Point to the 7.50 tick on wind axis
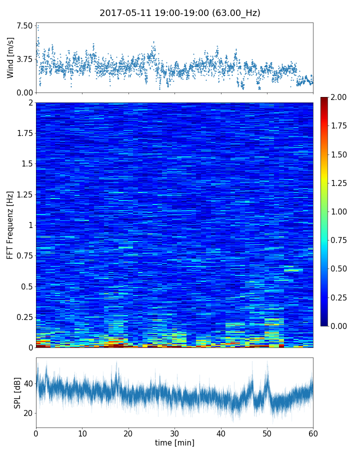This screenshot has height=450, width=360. tap(25, 25)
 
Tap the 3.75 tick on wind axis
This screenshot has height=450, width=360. tap(25, 59)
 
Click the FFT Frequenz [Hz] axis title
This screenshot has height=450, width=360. tap(10, 224)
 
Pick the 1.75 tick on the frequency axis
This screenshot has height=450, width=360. tap(23, 133)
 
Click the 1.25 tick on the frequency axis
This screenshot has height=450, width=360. tap(23, 194)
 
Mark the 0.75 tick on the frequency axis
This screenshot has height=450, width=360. tap(23, 255)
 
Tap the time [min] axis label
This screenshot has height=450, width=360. tap(174, 442)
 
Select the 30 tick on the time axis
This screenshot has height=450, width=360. tap(174, 433)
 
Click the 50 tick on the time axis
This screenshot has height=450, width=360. tap(267, 433)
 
